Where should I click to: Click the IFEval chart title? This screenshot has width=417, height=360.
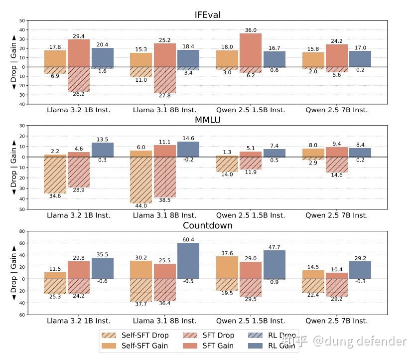(x=207, y=14)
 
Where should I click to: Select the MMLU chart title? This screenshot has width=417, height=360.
(x=207, y=120)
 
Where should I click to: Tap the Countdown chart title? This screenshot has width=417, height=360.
(x=207, y=225)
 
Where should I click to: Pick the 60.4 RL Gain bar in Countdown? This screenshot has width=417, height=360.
(x=188, y=261)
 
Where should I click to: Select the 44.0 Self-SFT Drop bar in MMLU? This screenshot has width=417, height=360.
(x=141, y=180)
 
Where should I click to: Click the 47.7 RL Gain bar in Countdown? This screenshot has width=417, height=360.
(x=275, y=264)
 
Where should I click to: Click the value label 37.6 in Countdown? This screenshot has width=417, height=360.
(x=227, y=253)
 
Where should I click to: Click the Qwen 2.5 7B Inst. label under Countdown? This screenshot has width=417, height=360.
(x=336, y=321)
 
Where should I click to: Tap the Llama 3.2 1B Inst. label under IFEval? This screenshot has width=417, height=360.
(x=79, y=110)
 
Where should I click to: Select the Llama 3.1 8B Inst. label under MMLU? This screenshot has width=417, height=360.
(x=164, y=215)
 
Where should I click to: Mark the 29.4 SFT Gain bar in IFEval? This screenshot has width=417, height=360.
(x=79, y=53)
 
